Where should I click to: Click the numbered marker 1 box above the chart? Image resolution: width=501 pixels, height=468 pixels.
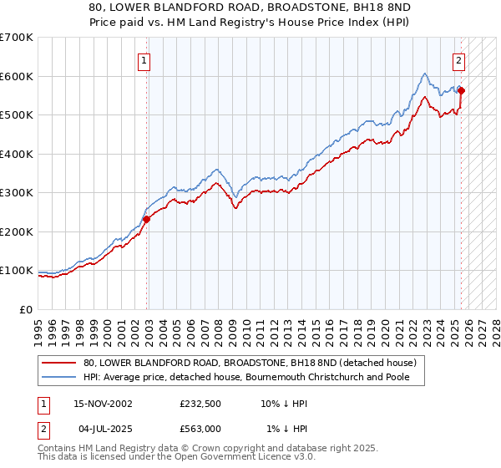tap(144, 60)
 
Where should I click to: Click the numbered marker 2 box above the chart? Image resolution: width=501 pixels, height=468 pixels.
tap(459, 60)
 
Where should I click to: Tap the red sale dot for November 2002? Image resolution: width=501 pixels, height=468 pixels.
tap(146, 219)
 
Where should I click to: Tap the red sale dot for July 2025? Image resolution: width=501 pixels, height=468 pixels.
tap(462, 91)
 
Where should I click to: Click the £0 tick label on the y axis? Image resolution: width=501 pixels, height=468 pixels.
tap(25, 309)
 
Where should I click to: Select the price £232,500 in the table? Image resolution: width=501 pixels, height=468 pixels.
tap(200, 404)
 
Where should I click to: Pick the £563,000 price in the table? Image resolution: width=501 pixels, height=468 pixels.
tap(200, 429)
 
